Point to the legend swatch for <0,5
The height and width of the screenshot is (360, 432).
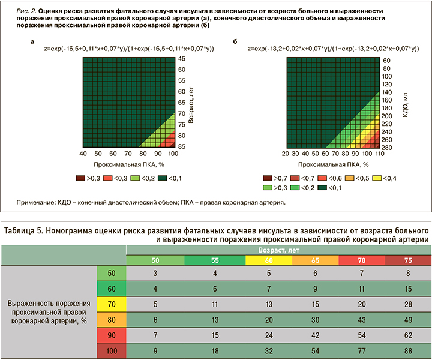350,178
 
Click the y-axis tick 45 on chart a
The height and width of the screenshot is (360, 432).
182,59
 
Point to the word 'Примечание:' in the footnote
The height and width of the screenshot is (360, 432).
38,203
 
